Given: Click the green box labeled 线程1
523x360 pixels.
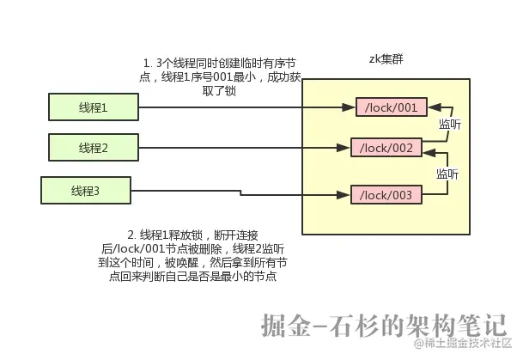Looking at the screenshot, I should click(93, 107).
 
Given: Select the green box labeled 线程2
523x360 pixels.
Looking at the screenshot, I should click(93, 148).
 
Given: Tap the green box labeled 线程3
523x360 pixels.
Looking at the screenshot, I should click(85, 190).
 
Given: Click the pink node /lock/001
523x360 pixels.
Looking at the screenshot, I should click(391, 107).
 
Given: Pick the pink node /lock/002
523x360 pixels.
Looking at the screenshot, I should click(386, 148).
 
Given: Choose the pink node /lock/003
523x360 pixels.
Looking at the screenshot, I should click(386, 195).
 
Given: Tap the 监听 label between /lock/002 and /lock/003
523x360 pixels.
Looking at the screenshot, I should click(447, 173).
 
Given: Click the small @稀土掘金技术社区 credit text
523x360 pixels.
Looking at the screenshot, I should click(464, 345).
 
